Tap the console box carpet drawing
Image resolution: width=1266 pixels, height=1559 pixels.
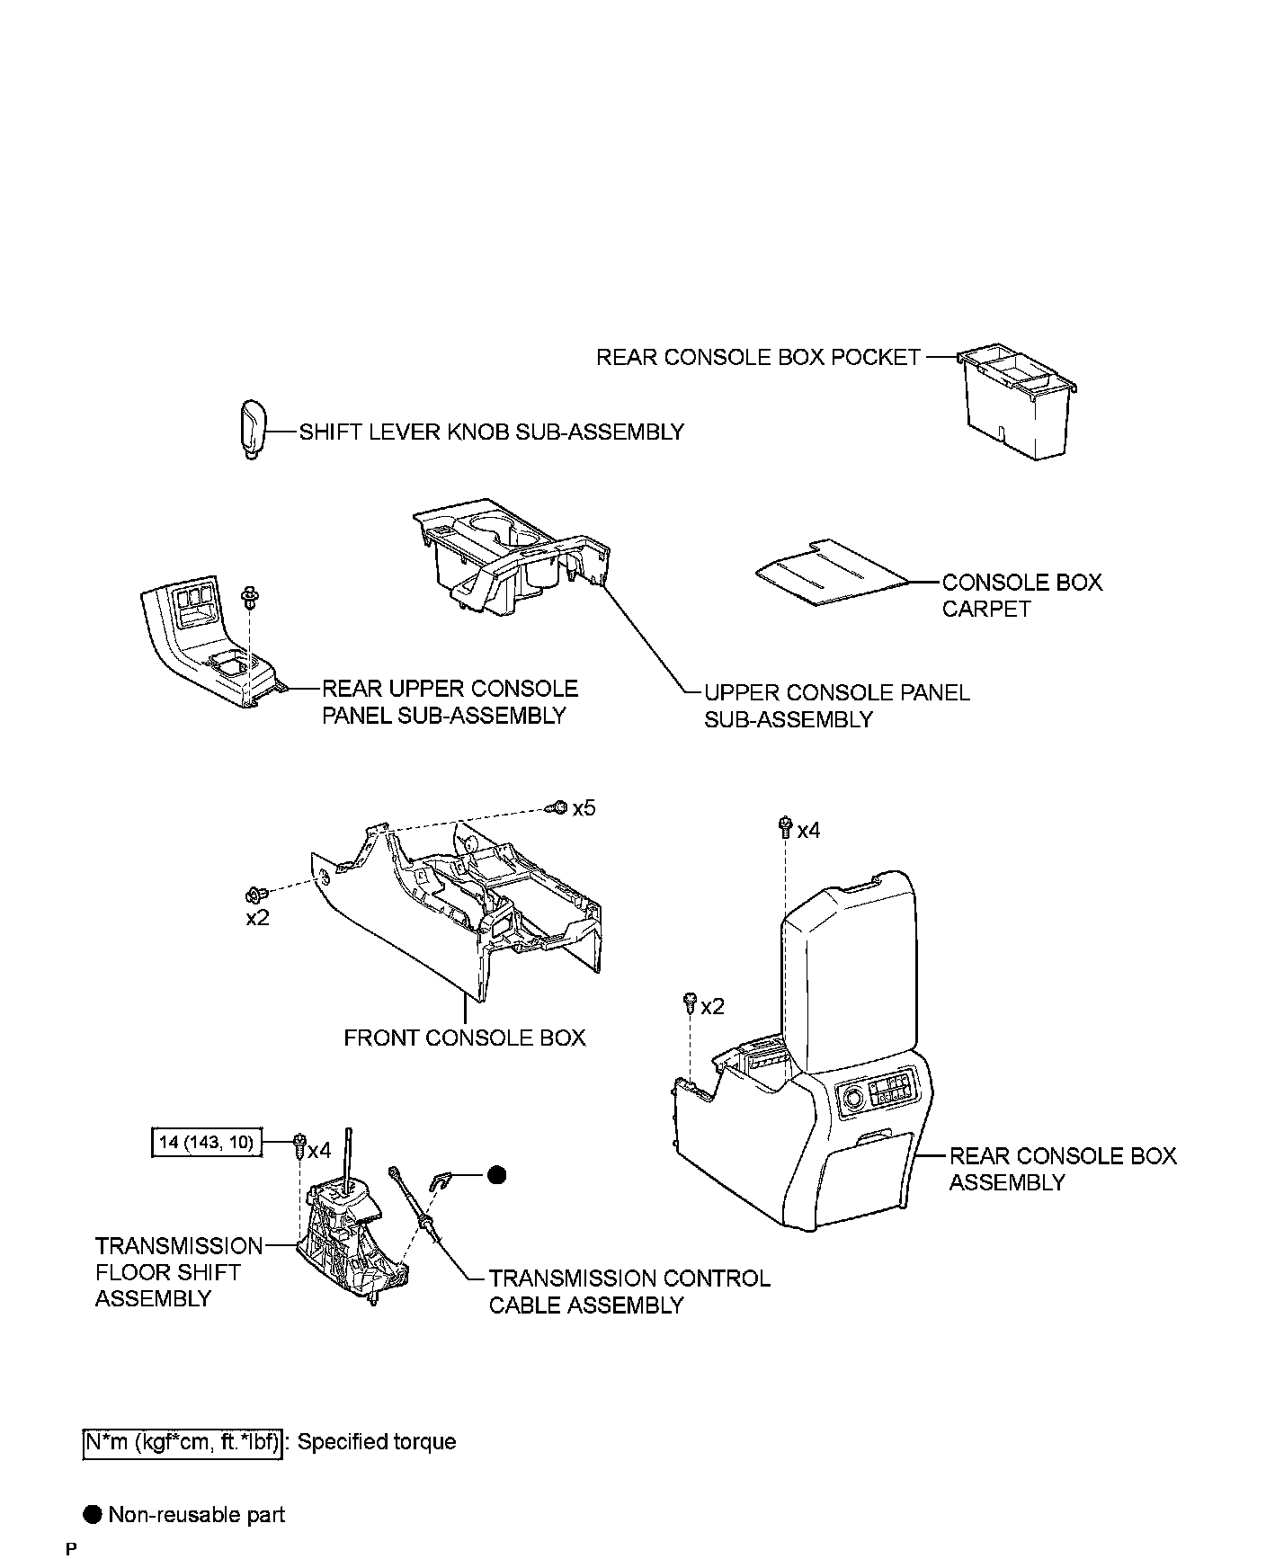[x=831, y=574]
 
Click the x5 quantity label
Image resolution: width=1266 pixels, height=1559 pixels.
[x=584, y=808]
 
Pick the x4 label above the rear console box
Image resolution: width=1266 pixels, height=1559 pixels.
[x=808, y=831]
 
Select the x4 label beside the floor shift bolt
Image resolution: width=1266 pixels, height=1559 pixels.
[x=319, y=1150]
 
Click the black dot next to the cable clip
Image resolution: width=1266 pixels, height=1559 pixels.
[x=496, y=1174]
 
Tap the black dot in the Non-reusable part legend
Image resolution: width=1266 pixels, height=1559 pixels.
[x=93, y=1514]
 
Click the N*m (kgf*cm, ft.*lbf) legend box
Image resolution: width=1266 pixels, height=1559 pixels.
[x=183, y=1442]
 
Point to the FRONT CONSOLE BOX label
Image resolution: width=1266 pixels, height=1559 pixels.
[x=464, y=1038]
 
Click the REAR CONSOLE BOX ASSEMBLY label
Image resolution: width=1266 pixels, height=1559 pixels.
[x=1062, y=1169]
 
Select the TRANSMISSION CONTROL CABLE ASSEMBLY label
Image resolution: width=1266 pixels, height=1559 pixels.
[x=629, y=1291]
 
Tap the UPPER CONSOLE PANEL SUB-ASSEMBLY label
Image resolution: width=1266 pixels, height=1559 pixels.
[x=836, y=706]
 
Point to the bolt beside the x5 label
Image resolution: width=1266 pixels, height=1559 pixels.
[x=557, y=807]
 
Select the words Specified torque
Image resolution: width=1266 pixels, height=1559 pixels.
[x=377, y=1442]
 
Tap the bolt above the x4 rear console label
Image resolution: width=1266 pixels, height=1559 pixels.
[x=785, y=825]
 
